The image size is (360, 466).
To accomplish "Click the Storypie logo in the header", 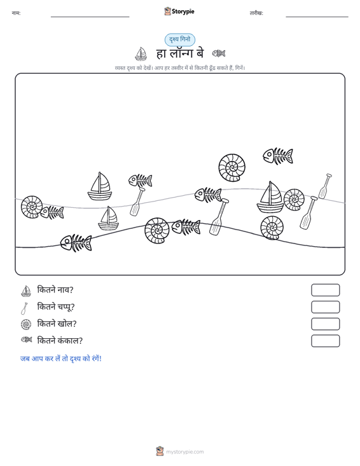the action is [x=179, y=11].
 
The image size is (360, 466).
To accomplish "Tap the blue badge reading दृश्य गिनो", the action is [x=180, y=39].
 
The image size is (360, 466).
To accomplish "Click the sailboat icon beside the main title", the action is [x=141, y=54].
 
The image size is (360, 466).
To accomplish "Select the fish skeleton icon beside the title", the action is [x=219, y=53].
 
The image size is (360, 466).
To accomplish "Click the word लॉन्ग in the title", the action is [x=181, y=53].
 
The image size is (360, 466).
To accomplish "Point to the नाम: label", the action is [x=16, y=13].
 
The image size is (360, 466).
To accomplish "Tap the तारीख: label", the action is [x=256, y=13].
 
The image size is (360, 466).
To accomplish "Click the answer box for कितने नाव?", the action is [x=325, y=290].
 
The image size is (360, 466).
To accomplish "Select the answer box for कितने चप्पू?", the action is [x=325, y=307].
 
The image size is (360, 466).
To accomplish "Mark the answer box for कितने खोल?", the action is [x=325, y=324].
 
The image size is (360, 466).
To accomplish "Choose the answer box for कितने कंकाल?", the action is [x=325, y=341].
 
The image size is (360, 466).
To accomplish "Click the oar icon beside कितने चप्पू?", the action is [x=24, y=308].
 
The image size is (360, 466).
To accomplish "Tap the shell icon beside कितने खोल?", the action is [x=26, y=324].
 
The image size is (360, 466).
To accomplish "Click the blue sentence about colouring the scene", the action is [x=61, y=359].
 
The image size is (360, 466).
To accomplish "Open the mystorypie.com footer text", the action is [x=184, y=452].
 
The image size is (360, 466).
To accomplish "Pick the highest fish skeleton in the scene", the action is [x=278, y=156].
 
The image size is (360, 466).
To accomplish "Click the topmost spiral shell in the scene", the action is [x=232, y=168].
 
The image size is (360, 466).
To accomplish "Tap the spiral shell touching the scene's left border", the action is [x=32, y=207].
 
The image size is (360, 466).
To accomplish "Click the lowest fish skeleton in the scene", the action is [x=76, y=243].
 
